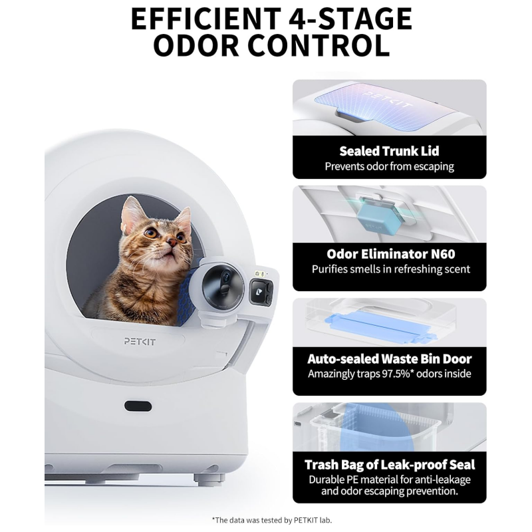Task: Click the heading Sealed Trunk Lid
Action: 389,151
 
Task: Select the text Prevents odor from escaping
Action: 389,166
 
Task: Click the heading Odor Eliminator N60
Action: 389,254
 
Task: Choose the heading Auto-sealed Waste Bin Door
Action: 389,358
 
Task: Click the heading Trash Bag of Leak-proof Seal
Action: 389,464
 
